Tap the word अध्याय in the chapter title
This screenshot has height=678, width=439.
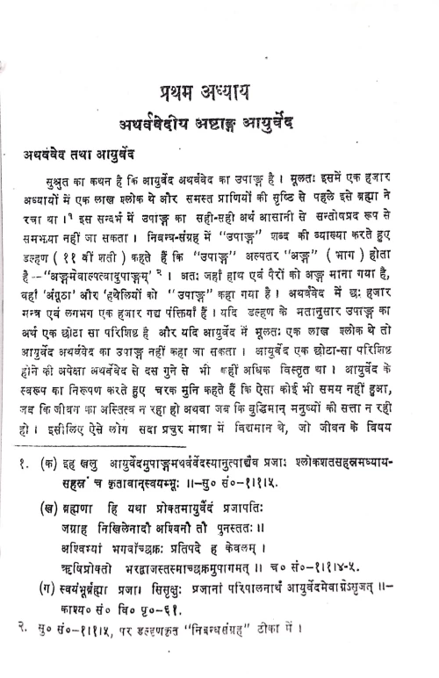[x=249, y=91]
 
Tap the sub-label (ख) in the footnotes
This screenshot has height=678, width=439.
[x=49, y=510]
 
